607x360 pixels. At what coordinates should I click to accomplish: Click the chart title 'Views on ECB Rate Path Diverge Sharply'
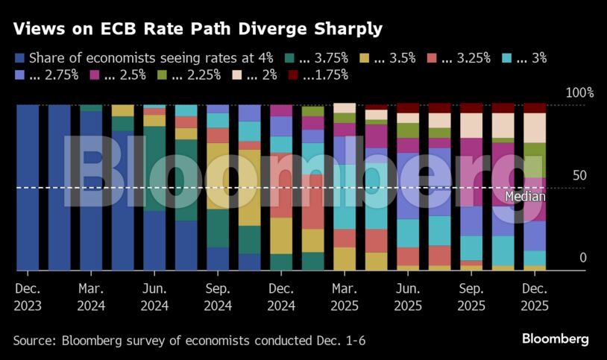198,30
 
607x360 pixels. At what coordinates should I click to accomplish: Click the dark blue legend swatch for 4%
19,57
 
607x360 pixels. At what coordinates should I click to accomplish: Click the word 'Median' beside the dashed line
525,197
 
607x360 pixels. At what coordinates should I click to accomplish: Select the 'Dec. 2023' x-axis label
28,297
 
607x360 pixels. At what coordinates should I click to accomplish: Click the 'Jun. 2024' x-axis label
154,297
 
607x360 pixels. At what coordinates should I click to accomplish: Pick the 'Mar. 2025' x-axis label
345,297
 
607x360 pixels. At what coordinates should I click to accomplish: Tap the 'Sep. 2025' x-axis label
471,297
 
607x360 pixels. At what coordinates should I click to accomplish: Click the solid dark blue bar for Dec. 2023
28,186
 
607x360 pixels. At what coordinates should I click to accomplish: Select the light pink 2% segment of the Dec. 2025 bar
535,127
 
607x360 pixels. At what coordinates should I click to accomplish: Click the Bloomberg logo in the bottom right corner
555,339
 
